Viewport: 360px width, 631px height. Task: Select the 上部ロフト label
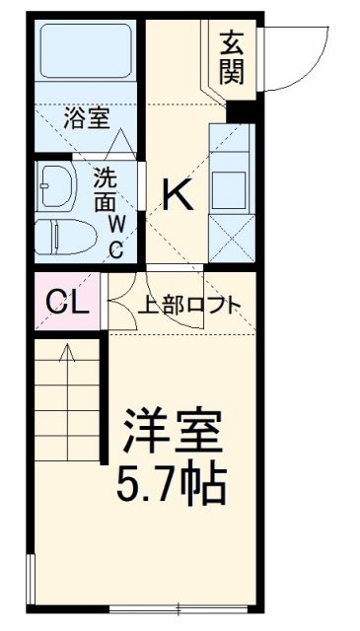[188, 304]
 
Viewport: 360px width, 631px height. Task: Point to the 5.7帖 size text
[173, 483]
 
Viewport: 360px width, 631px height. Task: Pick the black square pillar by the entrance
[241, 108]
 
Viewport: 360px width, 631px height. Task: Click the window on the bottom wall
[178, 605]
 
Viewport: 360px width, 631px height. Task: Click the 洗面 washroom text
[106, 190]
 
